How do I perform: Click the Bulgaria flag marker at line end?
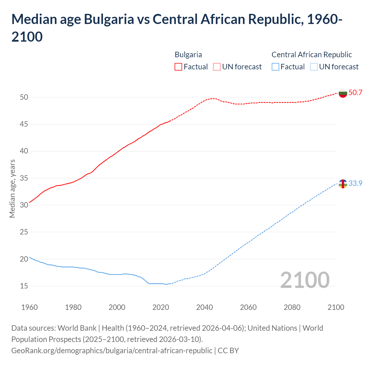[x=343, y=93]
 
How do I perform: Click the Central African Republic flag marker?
[x=343, y=184]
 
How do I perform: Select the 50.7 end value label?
[x=355, y=93]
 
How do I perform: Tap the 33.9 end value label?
[x=355, y=184]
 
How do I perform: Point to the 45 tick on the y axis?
[x=24, y=124]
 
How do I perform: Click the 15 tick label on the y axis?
[x=24, y=286]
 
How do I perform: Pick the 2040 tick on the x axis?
[x=204, y=307]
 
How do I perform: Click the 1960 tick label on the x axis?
[x=29, y=307]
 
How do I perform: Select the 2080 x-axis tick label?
[x=292, y=307]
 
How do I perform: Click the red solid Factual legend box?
[x=178, y=67]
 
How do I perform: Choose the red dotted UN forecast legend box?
[x=217, y=67]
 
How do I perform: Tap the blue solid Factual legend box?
[x=275, y=67]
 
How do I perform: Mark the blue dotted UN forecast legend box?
[x=314, y=67]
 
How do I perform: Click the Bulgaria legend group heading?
[x=188, y=55]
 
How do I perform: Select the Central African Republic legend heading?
[x=312, y=55]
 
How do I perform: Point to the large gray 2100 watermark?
[x=305, y=280]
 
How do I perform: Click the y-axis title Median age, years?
[x=12, y=188]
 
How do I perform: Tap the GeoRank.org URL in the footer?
[x=112, y=351]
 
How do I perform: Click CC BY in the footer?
[x=228, y=351]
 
